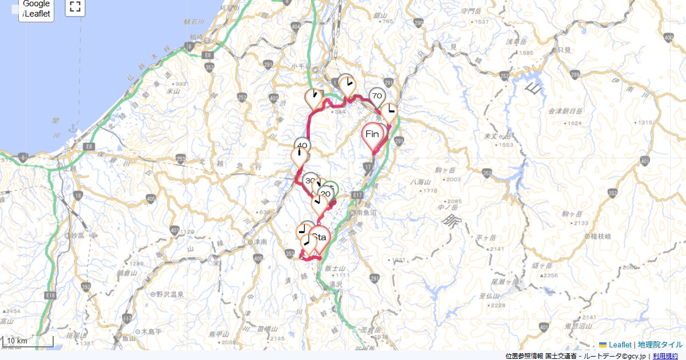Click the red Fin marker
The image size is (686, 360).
pos(372,135)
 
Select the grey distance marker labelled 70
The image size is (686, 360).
pos(376,96)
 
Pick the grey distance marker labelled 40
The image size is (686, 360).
pos(302,146)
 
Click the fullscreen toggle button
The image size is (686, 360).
pos(75,7)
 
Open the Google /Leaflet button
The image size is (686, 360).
pos(37,9)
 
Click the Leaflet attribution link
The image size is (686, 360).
pos(620,345)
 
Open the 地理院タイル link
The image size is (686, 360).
pos(660,345)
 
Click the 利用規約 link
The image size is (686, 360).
pos(665,356)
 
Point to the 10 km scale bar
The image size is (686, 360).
pos(28,341)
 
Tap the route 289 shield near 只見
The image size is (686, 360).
pos(575,75)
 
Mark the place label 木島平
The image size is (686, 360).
pos(153,331)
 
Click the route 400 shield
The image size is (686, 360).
pos(668,37)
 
